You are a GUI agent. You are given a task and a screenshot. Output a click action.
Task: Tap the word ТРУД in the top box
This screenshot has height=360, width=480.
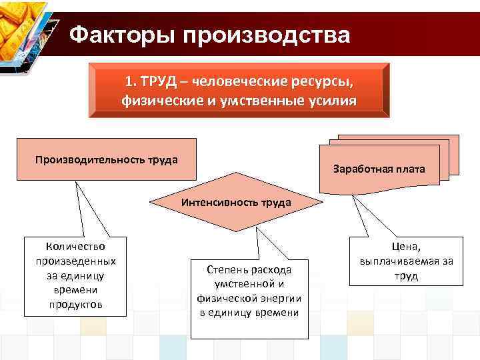point(159,82)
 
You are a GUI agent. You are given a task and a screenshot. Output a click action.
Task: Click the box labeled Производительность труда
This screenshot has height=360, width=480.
point(107,159)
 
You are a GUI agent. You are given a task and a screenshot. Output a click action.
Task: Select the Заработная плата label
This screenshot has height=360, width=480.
point(379,169)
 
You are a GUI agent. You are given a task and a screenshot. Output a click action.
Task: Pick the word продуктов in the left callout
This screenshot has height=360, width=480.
point(75,305)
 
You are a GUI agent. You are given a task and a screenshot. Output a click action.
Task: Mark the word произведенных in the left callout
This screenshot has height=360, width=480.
point(75,261)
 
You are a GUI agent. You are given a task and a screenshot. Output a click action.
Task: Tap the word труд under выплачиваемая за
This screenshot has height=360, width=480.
point(405,275)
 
